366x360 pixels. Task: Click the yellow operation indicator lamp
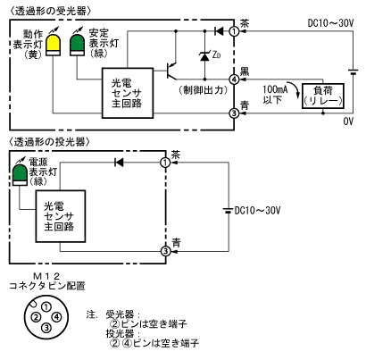click(x=54, y=45)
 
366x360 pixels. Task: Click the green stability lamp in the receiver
click(x=78, y=45)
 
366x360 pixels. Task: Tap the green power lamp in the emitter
click(x=21, y=176)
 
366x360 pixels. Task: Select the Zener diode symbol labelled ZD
click(x=204, y=56)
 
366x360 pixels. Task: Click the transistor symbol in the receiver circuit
click(x=171, y=71)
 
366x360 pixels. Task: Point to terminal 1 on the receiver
click(x=235, y=31)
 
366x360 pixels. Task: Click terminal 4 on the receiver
click(x=235, y=80)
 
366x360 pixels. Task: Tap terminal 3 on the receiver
click(x=235, y=113)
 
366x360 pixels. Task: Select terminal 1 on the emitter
click(x=165, y=163)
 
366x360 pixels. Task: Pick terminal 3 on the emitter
click(x=165, y=251)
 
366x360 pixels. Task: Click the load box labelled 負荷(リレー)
click(x=323, y=96)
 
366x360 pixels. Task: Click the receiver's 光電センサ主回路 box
click(x=128, y=93)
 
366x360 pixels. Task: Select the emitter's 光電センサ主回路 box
click(x=61, y=216)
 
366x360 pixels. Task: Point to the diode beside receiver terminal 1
click(x=219, y=31)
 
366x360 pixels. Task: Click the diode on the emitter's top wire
click(x=119, y=163)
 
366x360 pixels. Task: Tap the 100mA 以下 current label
click(x=275, y=95)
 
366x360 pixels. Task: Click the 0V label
click(x=348, y=121)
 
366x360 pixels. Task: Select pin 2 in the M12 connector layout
click(x=37, y=317)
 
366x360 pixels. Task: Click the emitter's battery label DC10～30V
click(x=258, y=211)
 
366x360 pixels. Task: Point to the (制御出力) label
click(x=204, y=90)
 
